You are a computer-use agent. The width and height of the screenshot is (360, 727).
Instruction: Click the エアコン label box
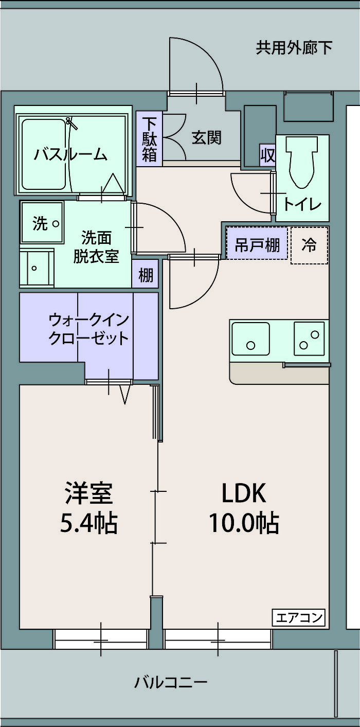pyautogui.click(x=298, y=617)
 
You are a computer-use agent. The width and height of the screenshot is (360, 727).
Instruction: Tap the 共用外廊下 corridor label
pyautogui.click(x=294, y=48)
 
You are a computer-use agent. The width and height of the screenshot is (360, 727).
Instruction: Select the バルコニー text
pyautogui.click(x=171, y=682)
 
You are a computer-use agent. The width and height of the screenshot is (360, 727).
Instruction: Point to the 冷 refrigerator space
pyautogui.click(x=310, y=245)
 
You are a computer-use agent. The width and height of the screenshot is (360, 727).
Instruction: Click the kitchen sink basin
pyautogui.click(x=250, y=339)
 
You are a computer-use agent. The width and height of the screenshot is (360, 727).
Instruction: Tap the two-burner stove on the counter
pyautogui.click(x=309, y=339)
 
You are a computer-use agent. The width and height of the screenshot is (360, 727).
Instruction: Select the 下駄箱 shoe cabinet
pyautogui.click(x=149, y=139)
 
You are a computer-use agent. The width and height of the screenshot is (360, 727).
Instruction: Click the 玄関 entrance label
pyautogui.click(x=207, y=137)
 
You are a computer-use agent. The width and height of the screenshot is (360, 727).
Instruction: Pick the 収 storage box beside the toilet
pyautogui.click(x=268, y=155)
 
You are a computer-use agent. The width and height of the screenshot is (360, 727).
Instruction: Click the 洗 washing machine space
pyautogui.click(x=42, y=222)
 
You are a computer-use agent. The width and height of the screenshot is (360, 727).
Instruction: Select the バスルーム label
pyautogui.click(x=70, y=154)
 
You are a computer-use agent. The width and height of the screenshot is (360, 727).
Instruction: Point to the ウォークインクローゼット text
pyautogui.click(x=88, y=329)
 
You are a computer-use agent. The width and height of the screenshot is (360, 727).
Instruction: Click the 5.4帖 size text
pyautogui.click(x=89, y=523)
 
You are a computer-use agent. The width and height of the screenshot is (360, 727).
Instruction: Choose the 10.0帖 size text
pyautogui.click(x=244, y=523)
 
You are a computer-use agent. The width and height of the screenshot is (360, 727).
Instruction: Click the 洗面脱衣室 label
pyautogui.click(x=96, y=247)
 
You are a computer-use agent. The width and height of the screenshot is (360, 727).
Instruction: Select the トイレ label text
pyautogui.click(x=302, y=204)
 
